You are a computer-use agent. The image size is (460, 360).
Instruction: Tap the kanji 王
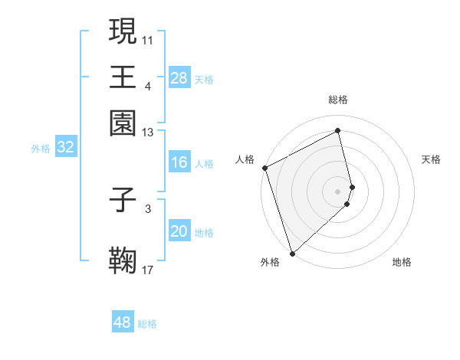tap(123, 77)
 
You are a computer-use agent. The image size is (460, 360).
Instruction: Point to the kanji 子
tap(123, 201)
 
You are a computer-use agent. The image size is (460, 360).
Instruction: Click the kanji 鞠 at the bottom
tap(123, 260)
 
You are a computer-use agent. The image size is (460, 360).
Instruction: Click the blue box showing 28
tap(179, 78)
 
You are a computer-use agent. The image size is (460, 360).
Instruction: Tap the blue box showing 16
tap(179, 162)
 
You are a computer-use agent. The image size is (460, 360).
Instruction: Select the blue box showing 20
tap(179, 232)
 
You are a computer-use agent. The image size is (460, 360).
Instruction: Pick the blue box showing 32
tap(65, 148)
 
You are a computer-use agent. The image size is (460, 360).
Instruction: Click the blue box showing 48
tap(123, 322)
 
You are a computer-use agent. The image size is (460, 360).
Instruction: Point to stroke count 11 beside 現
tap(148, 38)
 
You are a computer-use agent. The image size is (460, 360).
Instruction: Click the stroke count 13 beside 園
tap(148, 133)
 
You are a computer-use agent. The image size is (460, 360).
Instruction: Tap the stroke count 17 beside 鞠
tap(148, 269)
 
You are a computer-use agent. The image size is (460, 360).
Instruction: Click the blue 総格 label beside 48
tap(147, 324)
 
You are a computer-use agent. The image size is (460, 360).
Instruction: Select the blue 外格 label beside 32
tap(41, 149)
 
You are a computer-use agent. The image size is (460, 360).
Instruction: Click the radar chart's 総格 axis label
tap(338, 100)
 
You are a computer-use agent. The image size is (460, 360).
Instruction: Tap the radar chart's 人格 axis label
tap(245, 159)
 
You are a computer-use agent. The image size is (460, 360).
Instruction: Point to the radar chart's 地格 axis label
tap(402, 262)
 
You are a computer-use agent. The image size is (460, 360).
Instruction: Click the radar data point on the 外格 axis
tap(292, 253)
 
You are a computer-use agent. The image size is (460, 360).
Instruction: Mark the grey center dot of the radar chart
tap(338, 190)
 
